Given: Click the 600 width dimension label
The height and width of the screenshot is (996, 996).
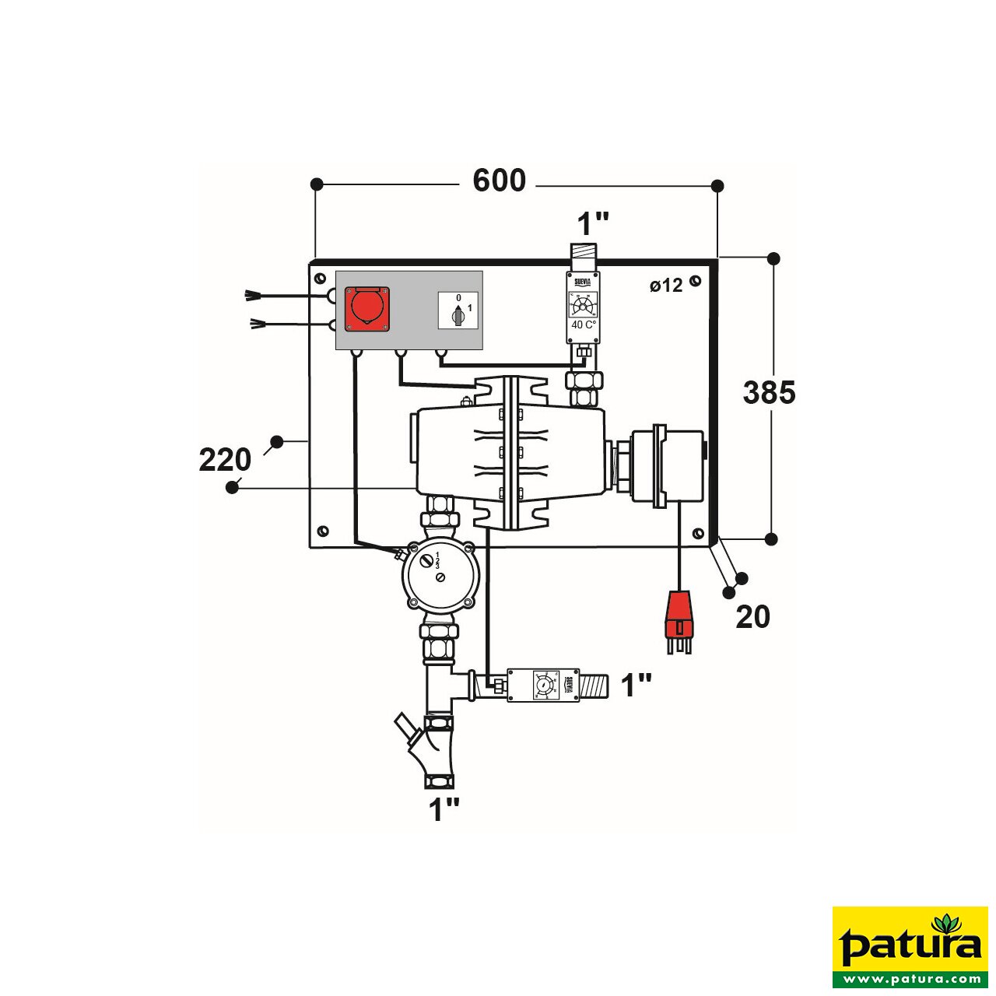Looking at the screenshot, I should pos(499,181).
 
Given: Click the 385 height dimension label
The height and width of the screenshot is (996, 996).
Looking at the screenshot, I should pos(769,393).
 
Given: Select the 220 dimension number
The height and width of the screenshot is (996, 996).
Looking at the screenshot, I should pos(225,460).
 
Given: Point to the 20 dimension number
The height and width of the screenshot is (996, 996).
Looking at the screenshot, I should pos(752,617).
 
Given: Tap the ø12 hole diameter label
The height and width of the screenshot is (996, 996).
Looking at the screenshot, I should pos(666,286).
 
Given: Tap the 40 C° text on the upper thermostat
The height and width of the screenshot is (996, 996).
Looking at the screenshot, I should pos(584,324).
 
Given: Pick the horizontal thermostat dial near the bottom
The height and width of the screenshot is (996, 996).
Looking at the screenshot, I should pos(543,685).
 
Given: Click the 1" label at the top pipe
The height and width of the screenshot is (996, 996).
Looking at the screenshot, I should pos(592,224).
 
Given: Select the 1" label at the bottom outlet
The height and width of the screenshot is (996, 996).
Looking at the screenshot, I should pos(444,810).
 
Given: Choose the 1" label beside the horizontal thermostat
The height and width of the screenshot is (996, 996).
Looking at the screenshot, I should pos(636,686).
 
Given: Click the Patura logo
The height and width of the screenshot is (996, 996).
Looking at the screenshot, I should pos(910,942).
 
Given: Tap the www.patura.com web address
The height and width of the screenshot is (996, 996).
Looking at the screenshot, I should pos(910,978).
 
